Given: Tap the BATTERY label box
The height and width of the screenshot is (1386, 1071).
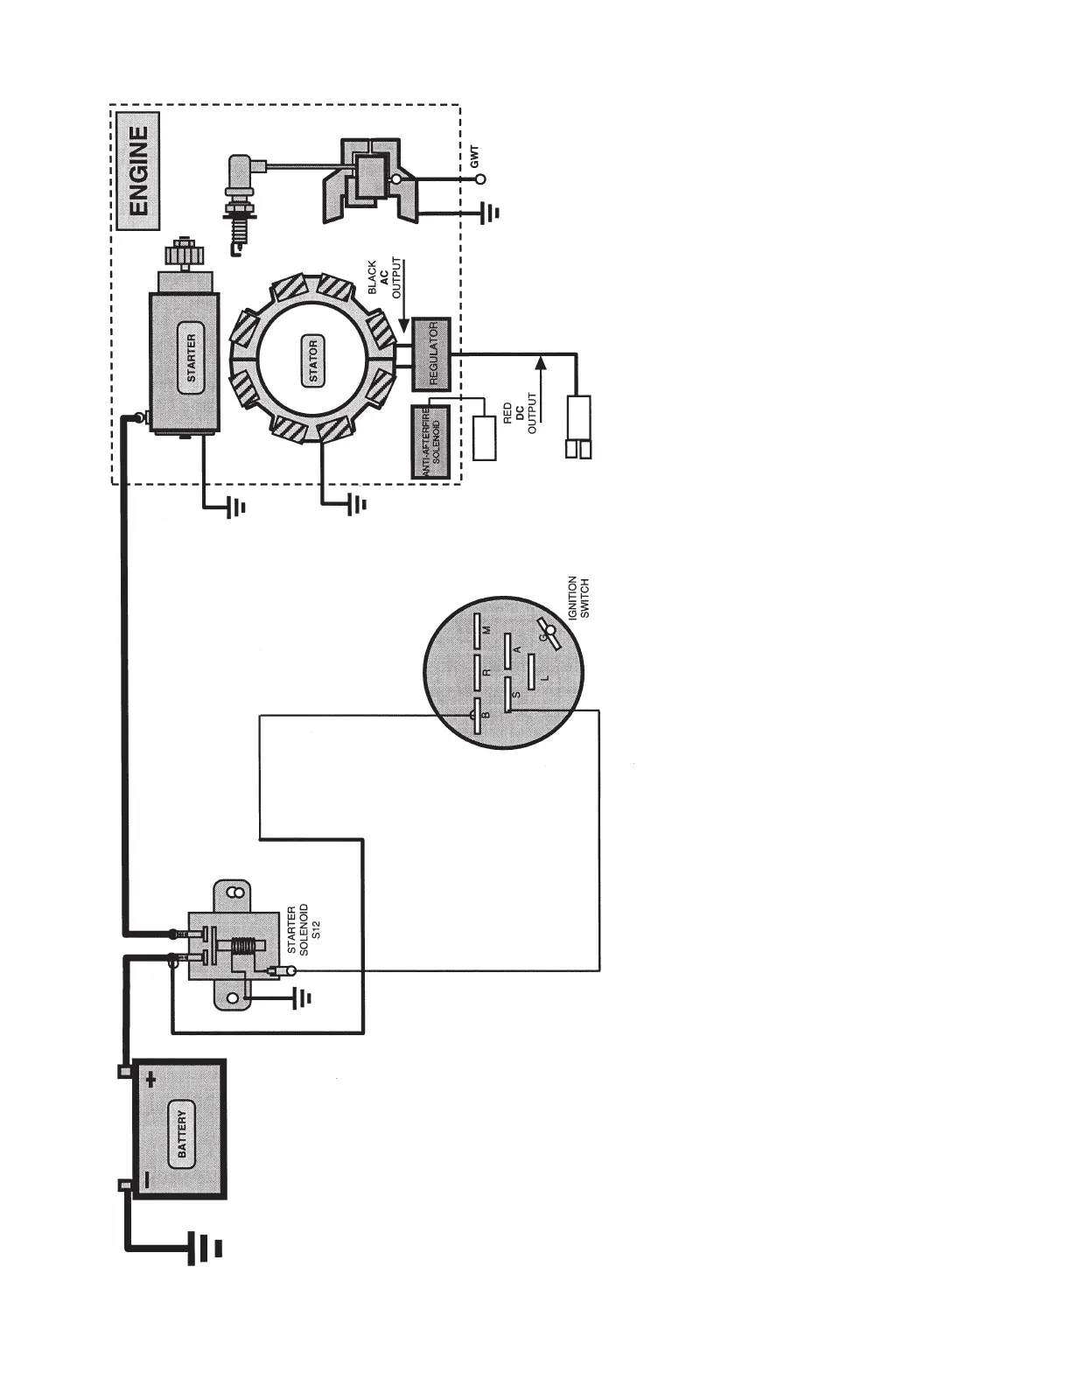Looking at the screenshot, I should point(182,1134).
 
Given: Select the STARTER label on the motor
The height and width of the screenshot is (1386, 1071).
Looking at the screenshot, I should point(192,359).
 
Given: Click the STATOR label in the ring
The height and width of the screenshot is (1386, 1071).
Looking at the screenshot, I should point(313,360).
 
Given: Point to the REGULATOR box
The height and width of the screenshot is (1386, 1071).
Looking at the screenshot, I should point(432,353).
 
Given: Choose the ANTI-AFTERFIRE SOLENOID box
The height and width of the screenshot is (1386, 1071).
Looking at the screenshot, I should point(430,441).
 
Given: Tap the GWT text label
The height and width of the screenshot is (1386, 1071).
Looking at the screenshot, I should point(474,157).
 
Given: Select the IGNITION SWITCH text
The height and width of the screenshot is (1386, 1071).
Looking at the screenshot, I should point(578,597).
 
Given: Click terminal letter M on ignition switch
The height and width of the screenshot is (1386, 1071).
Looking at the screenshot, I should point(487,628).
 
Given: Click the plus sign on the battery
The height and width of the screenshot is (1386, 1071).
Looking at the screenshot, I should point(152,1080).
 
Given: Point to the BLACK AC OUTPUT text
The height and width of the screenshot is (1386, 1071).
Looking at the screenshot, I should point(383,278).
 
